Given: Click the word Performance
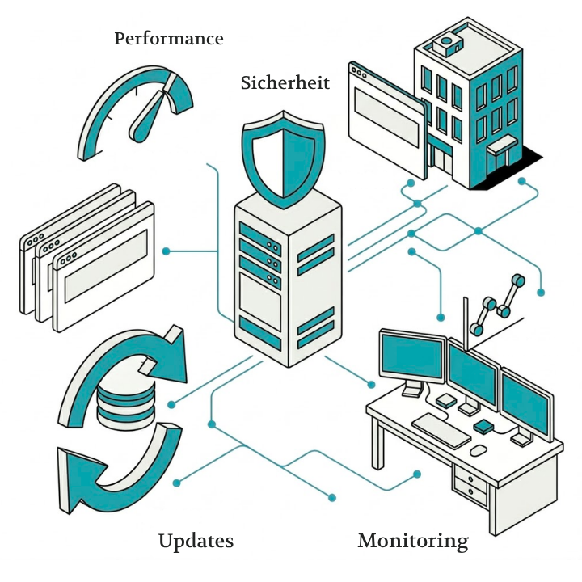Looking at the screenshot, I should [x=168, y=38].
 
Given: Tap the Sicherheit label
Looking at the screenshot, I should [x=285, y=82].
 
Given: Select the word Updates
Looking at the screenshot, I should [x=196, y=541].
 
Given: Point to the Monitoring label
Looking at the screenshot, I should [x=412, y=541].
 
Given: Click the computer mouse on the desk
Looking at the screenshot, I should [x=479, y=449].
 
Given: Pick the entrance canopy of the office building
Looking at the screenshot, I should [x=502, y=145].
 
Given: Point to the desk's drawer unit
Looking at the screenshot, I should [x=473, y=484].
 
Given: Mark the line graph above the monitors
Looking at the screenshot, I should [x=497, y=303].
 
